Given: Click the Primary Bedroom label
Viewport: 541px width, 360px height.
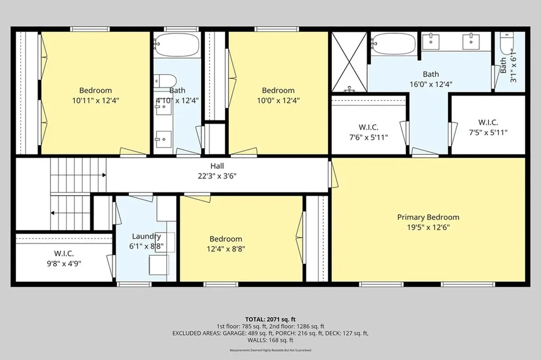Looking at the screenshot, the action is click(428, 217).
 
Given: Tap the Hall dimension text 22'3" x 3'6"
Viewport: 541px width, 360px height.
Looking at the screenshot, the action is click(217, 176).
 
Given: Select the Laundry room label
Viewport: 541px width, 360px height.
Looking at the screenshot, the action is click(146, 236).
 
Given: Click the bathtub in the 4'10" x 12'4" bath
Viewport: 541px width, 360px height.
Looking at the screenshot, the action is click(176, 44).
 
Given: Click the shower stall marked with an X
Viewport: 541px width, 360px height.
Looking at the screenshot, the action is click(350, 62).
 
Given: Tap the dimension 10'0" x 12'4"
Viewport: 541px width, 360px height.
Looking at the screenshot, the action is click(278, 101).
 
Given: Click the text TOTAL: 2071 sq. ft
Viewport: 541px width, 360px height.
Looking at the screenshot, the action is click(270, 319).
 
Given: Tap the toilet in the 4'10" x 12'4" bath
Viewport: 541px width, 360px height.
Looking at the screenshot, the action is click(165, 81).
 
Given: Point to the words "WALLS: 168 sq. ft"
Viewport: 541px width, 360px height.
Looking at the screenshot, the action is click(270, 340).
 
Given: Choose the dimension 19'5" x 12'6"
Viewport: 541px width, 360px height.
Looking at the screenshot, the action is click(428, 227).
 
